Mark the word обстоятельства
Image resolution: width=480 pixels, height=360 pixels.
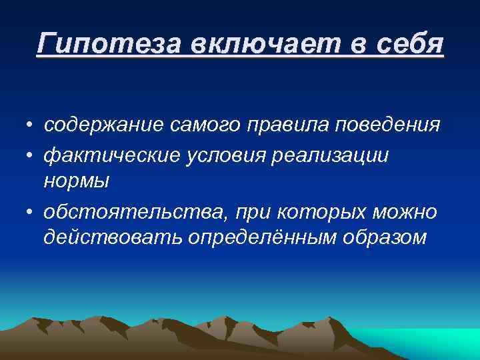pyautogui.click(x=126, y=212)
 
